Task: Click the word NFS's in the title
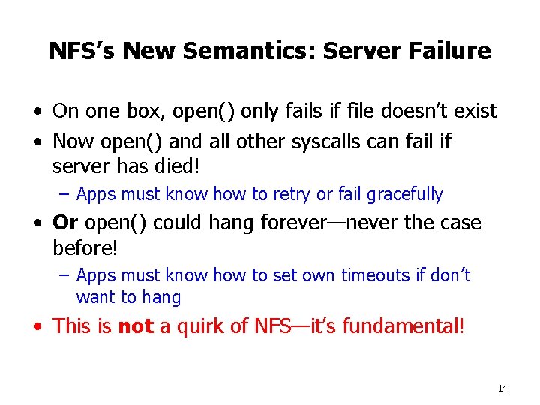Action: [82, 51]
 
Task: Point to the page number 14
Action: [502, 388]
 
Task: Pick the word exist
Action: [474, 112]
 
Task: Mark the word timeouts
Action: [375, 275]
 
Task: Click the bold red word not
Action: [135, 326]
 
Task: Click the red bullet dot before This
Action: [37, 328]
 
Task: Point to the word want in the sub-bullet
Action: [94, 298]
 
